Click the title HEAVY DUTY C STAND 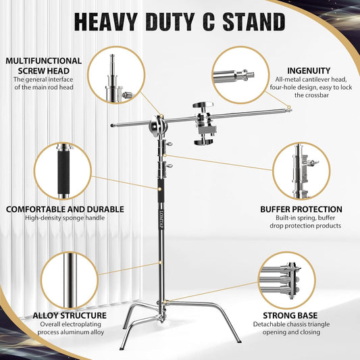[180, 22]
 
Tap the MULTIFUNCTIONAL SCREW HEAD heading [44, 66]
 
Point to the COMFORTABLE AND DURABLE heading [58, 209]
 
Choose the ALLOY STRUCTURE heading [70, 315]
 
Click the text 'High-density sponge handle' [58, 219]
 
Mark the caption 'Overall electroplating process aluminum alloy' [70, 329]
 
